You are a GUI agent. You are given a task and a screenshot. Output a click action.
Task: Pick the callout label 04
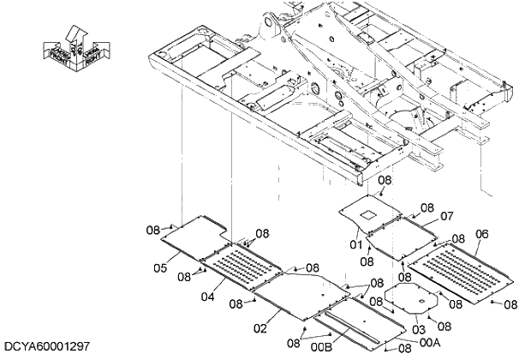tap(207, 297)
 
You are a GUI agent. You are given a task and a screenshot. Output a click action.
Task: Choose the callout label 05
tap(160, 268)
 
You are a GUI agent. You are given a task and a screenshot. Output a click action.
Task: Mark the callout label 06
tap(482, 234)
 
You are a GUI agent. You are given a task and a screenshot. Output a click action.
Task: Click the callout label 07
tap(446, 218)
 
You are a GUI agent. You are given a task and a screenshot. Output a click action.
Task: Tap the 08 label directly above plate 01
tap(385, 181)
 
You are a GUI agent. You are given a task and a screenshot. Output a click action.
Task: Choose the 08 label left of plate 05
tap(152, 229)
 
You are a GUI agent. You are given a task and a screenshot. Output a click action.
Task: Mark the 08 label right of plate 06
tap(510, 303)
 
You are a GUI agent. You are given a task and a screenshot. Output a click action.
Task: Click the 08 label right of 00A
tap(405, 348)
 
